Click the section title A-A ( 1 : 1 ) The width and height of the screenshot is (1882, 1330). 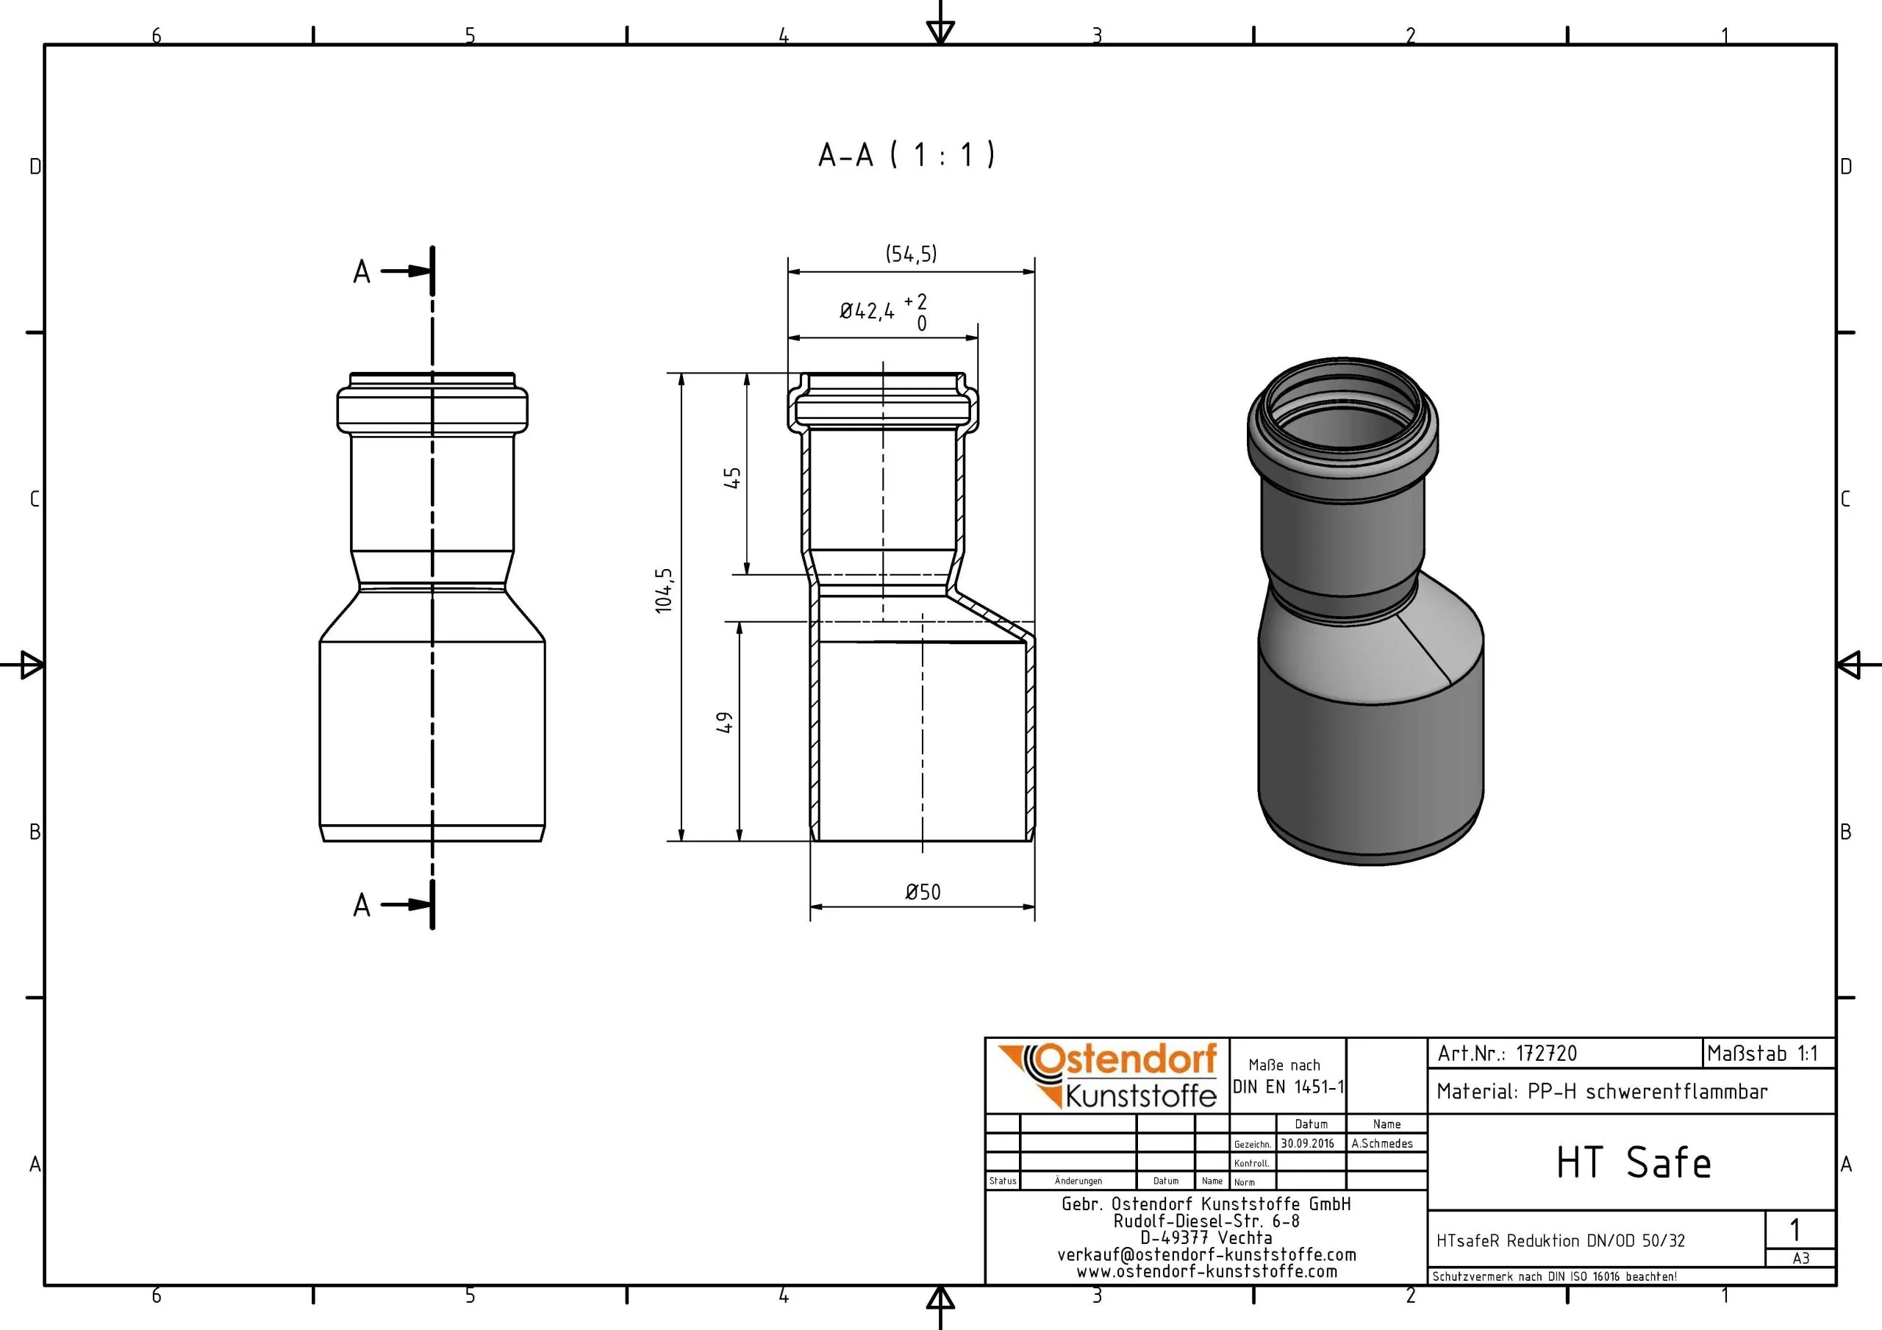click(906, 154)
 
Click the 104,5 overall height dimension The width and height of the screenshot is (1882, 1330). click(664, 590)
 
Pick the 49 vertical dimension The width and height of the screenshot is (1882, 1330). click(725, 723)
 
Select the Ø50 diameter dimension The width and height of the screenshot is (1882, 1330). click(923, 892)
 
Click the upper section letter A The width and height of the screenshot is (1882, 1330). click(362, 272)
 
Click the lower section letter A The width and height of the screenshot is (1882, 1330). click(362, 906)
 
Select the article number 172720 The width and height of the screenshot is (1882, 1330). click(1546, 1054)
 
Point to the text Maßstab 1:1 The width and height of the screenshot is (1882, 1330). click(1762, 1054)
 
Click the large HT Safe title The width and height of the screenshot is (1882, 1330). click(1634, 1162)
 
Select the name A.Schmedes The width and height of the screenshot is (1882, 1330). click(1382, 1144)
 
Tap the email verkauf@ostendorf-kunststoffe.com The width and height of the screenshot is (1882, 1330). click(1206, 1254)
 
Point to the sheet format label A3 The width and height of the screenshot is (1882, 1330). click(1801, 1259)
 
